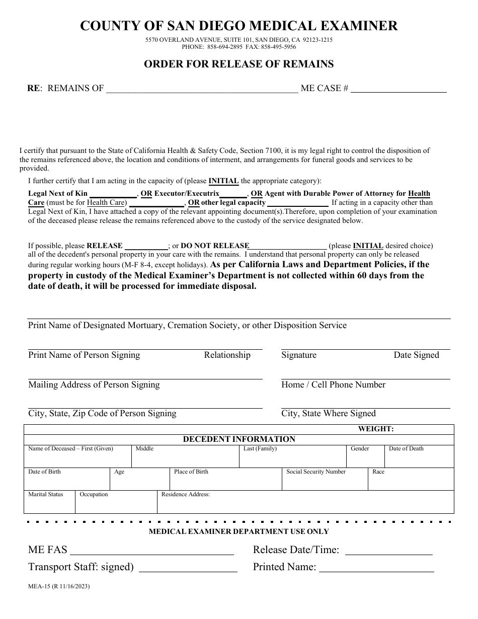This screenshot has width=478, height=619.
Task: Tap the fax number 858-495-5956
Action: (x=279, y=47)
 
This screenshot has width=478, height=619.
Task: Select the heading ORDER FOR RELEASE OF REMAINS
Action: (x=239, y=64)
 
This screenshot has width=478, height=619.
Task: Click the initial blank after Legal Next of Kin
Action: (x=113, y=194)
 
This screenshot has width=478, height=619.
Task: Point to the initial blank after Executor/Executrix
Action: (x=233, y=194)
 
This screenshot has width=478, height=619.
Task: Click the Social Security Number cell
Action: (x=325, y=480)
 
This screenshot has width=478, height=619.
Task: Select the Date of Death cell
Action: (x=419, y=457)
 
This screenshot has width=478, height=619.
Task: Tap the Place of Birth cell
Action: (x=225, y=480)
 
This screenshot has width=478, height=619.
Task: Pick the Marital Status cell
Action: (x=49, y=502)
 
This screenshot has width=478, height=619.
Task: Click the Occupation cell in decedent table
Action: (x=116, y=502)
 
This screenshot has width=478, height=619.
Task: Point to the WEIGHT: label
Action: (x=375, y=429)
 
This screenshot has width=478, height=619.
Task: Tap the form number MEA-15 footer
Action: (x=59, y=586)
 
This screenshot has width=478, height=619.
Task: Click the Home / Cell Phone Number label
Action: (x=333, y=385)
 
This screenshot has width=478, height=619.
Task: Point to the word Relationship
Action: (x=227, y=355)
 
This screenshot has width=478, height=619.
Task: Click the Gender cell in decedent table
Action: (x=365, y=457)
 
